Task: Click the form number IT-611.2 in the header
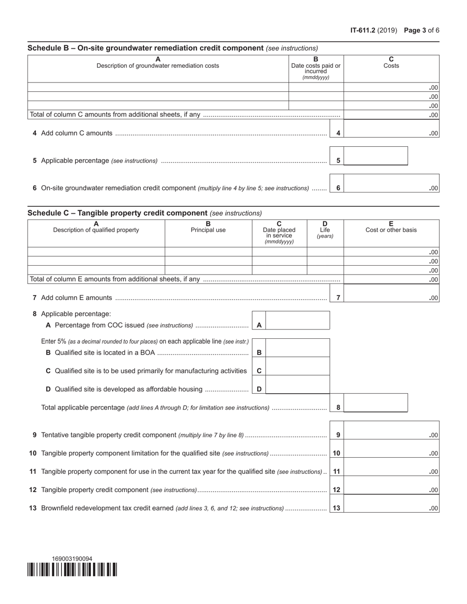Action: pos(362,30)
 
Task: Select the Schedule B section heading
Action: pos(146,48)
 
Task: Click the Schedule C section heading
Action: pos(117,213)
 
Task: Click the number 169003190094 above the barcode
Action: pos(72,559)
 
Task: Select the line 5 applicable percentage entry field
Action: pos(376,156)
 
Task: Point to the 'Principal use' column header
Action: pos(208,227)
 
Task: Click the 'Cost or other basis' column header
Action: pos(391,227)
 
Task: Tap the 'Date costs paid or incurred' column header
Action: pos(316,68)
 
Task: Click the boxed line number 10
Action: pos(337,453)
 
